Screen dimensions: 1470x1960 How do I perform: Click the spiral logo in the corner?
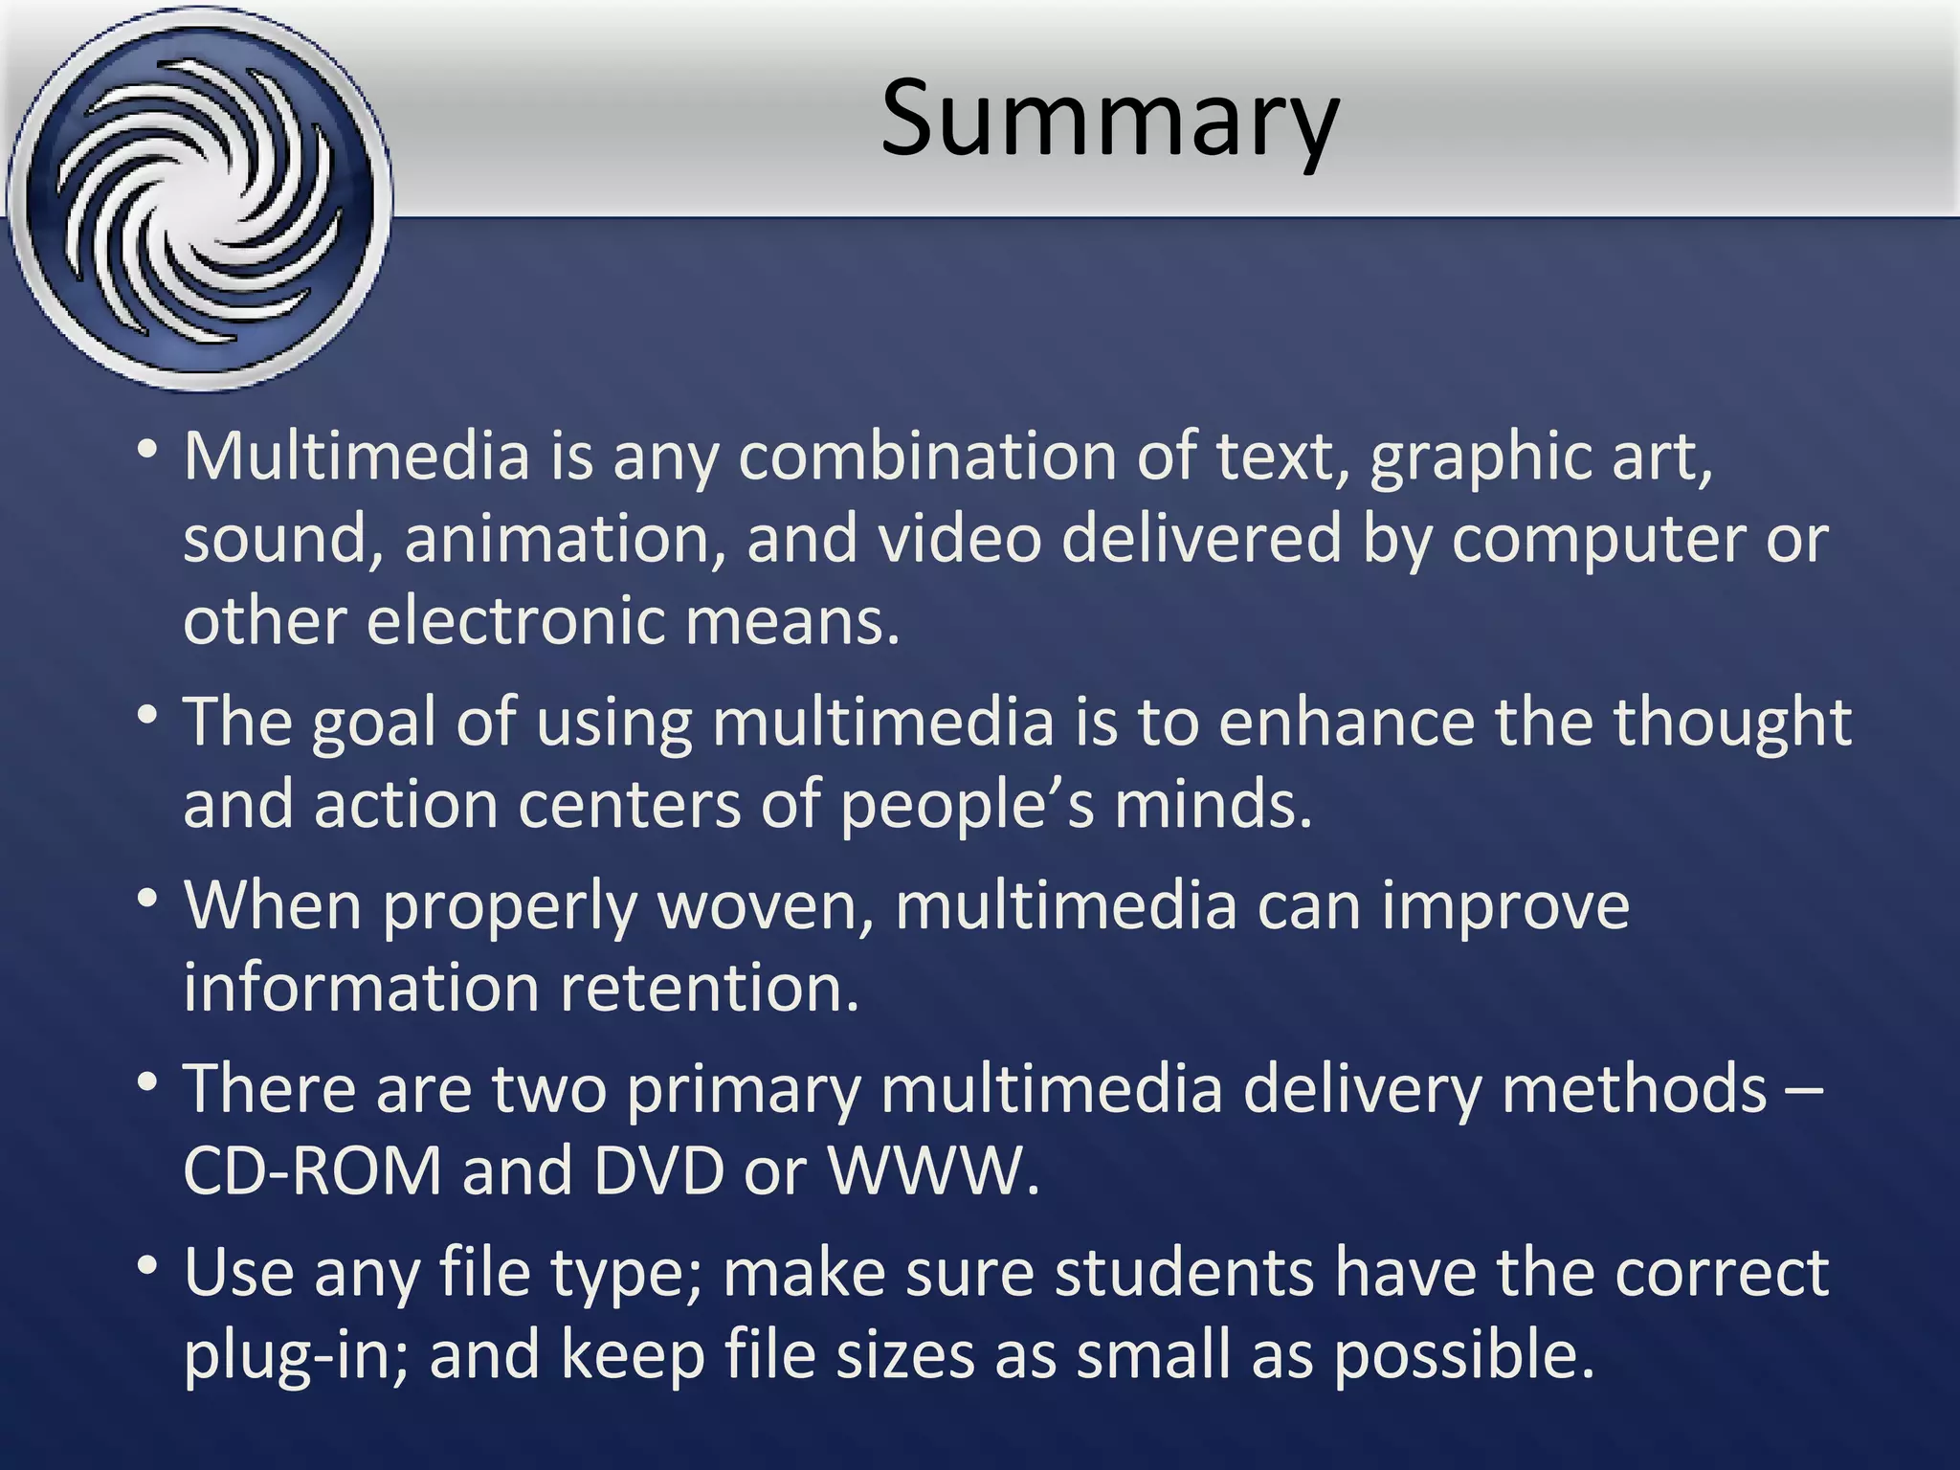(198, 198)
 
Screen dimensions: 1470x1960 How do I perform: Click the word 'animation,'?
(564, 540)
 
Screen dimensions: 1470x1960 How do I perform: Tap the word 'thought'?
(1732, 724)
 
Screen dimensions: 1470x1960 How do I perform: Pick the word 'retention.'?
(709, 989)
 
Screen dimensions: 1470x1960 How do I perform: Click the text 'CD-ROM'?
(312, 1171)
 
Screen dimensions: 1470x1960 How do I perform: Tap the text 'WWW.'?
(933, 1171)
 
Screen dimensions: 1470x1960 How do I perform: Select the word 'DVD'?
(658, 1171)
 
